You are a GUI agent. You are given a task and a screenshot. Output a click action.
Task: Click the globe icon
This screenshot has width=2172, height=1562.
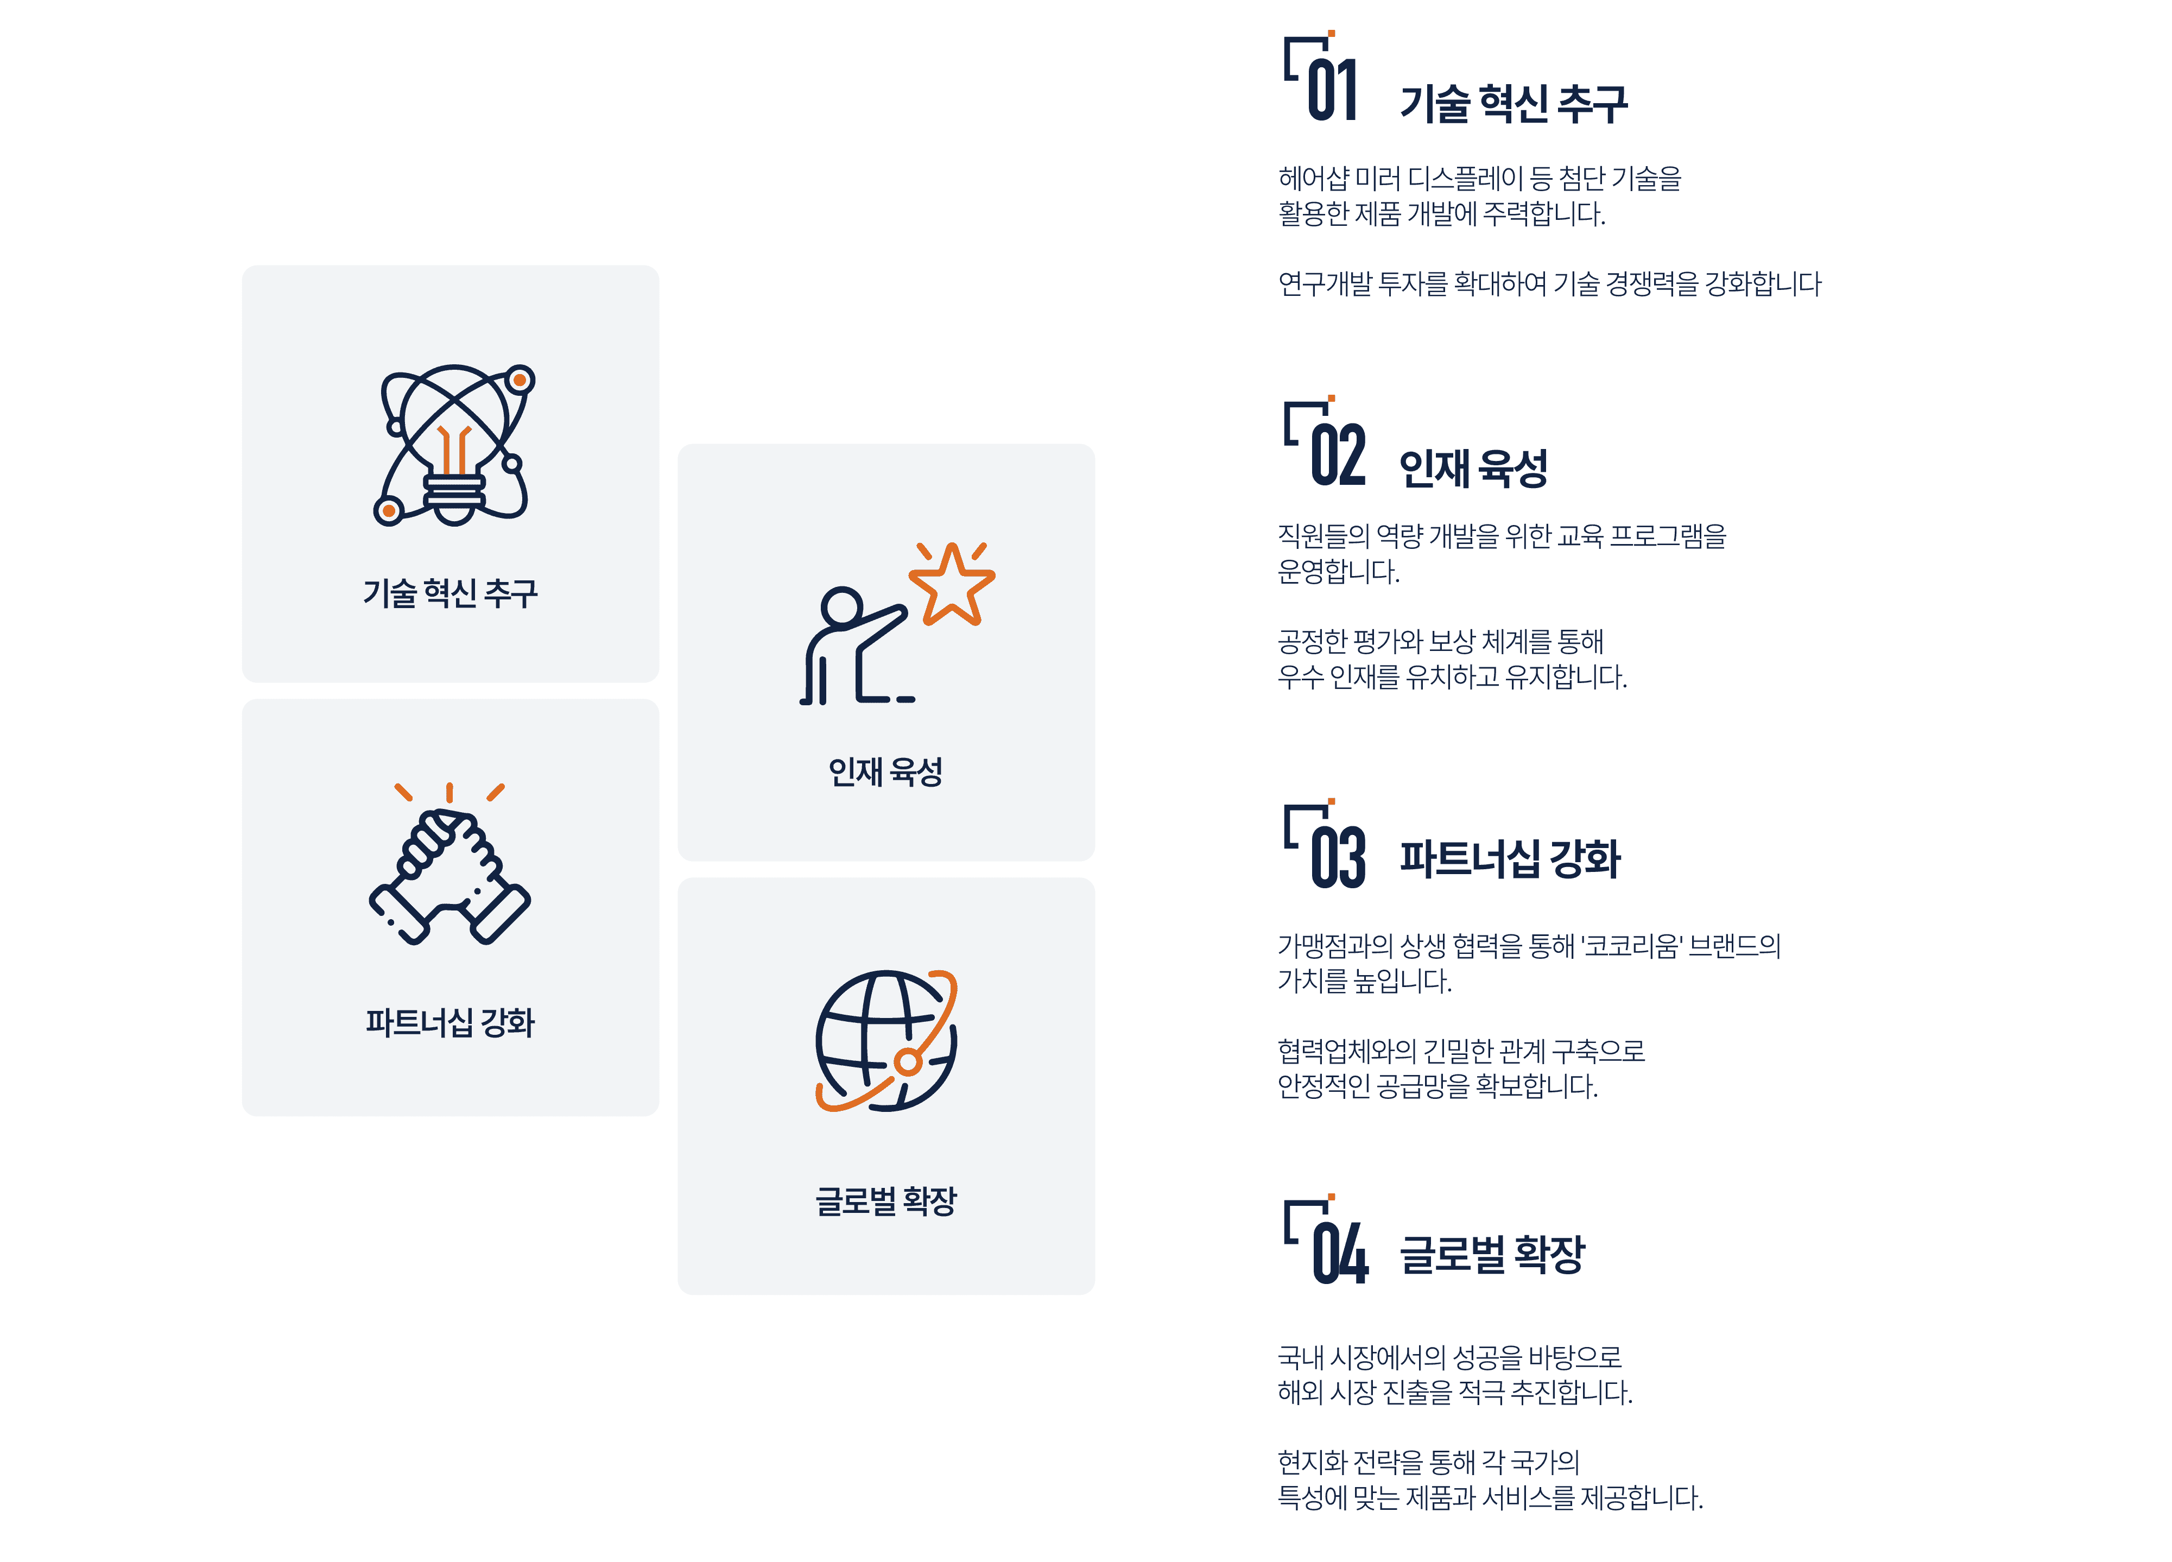click(886, 1041)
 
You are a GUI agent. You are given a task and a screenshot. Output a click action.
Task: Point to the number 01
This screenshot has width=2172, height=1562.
click(1332, 89)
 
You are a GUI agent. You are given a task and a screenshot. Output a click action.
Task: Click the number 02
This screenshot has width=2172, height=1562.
click(1338, 455)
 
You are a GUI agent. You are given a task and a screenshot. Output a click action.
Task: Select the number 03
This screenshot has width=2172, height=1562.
click(1338, 857)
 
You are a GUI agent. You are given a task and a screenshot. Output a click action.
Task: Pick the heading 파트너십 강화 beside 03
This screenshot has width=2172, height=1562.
click(1510, 859)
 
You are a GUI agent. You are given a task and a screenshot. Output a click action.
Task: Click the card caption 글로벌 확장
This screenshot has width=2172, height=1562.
click(886, 1201)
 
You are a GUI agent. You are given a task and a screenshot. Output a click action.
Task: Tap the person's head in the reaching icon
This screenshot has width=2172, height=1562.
click(843, 607)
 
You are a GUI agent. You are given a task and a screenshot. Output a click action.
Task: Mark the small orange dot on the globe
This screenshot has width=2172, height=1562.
click(908, 1061)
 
